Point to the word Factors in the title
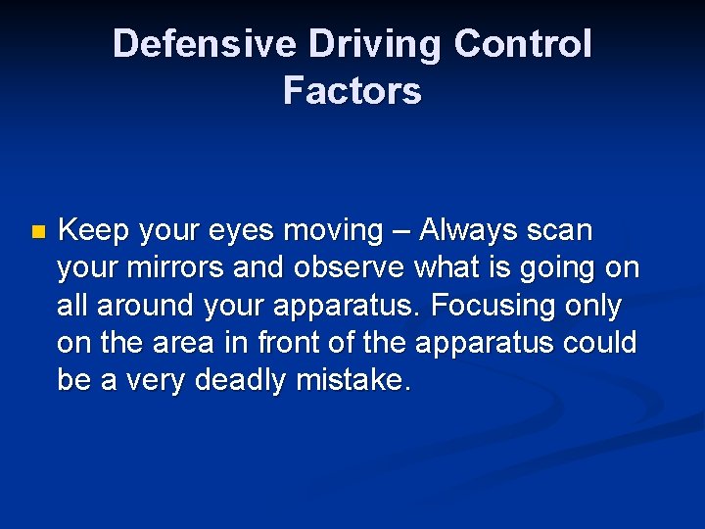click(x=352, y=90)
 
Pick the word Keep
click(x=94, y=231)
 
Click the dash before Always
click(x=401, y=231)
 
